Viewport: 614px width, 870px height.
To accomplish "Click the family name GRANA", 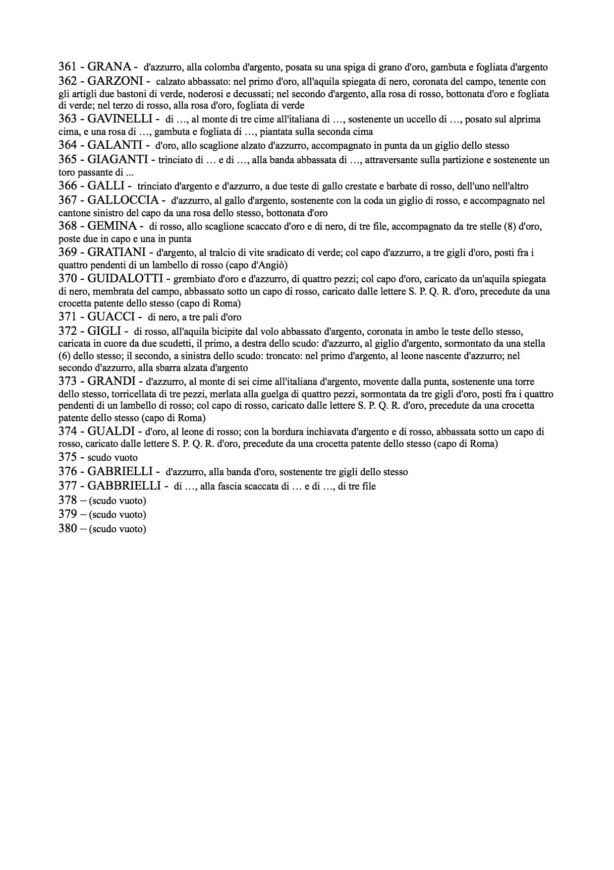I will [x=109, y=66].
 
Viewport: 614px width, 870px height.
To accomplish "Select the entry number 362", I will [x=67, y=81].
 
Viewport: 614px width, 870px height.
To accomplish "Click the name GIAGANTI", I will [x=117, y=159].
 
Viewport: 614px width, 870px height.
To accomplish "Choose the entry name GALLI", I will [x=106, y=186].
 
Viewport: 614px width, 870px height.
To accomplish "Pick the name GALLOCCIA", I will [x=123, y=200].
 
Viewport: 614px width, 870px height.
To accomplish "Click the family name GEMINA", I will [x=112, y=226].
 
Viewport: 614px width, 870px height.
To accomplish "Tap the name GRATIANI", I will [x=116, y=252].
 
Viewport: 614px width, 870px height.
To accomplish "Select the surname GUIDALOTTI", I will [x=125, y=278].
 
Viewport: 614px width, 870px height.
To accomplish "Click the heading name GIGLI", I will [x=105, y=331].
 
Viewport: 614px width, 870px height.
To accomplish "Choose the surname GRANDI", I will [x=112, y=381].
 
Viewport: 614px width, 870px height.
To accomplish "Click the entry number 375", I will [x=67, y=457].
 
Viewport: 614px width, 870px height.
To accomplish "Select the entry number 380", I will [x=67, y=528].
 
